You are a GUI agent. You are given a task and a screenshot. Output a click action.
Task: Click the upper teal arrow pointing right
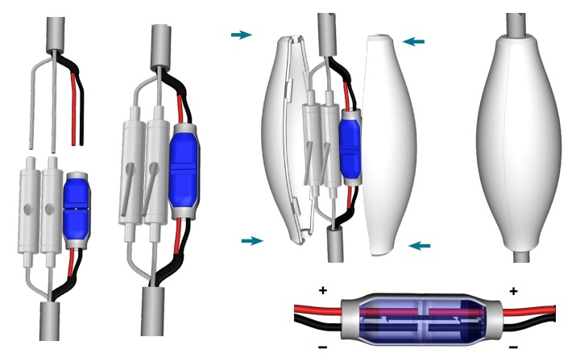[241, 35]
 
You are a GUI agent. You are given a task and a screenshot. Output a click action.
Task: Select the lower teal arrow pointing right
[252, 240]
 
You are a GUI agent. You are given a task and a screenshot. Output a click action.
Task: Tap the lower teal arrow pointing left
[420, 245]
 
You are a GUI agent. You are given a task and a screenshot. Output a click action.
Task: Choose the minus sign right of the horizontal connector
[513, 348]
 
